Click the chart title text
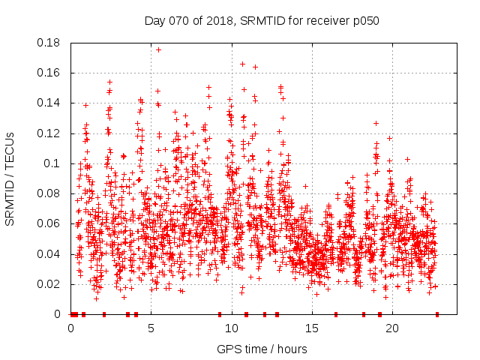click(262, 20)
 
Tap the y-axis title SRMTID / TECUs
click(10, 178)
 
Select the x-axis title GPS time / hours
click(262, 349)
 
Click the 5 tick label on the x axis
click(151, 328)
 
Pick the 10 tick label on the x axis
click(232, 328)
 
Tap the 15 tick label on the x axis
click(312, 328)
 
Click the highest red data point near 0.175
click(158, 49)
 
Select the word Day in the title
click(154, 20)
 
